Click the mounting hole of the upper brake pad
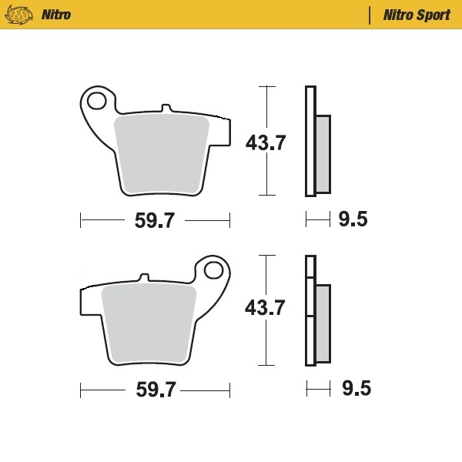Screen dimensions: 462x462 point(97,101)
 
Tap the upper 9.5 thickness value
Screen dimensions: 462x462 point(353,220)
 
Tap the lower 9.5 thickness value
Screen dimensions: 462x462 point(356,389)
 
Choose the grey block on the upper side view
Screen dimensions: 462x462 point(323,153)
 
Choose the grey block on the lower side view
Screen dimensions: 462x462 point(323,323)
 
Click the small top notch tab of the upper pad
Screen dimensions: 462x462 point(164,109)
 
